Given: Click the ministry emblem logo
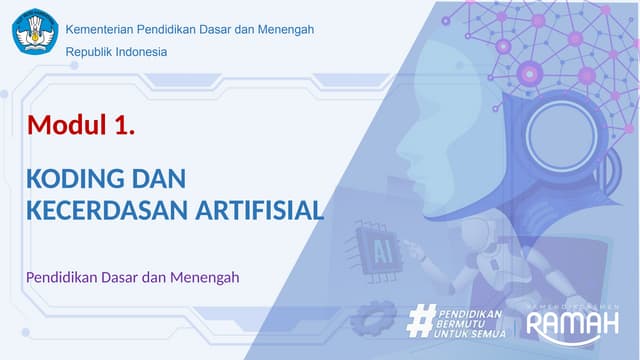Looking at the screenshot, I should coord(35,31).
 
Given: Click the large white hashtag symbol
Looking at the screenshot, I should coord(421,321).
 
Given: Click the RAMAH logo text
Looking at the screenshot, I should coord(573,325).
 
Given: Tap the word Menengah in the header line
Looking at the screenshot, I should coord(285,29).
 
